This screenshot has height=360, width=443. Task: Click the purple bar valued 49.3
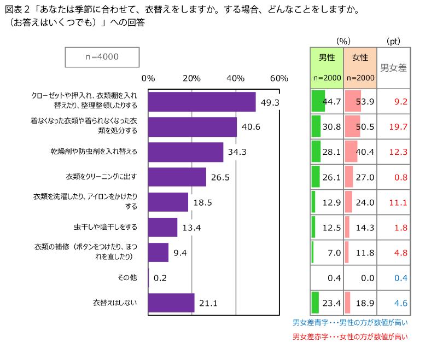coord(202,102)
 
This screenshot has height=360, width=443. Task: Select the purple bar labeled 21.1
coord(171,303)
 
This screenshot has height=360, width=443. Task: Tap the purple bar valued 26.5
coord(177,177)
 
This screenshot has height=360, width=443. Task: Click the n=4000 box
coord(102,57)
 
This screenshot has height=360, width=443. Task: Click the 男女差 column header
coord(393,68)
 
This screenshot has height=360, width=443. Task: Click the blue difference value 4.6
coord(401,303)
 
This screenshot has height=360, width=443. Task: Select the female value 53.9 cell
coord(360,102)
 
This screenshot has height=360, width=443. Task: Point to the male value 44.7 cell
coord(327,102)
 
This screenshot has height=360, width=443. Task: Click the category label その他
coord(127,277)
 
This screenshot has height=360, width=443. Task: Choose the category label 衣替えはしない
coord(114,303)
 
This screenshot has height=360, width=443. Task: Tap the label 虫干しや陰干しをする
coord(106,227)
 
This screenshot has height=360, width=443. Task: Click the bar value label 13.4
coord(191,228)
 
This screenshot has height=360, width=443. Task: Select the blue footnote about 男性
coord(350,323)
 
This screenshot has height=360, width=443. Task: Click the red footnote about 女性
coord(350,336)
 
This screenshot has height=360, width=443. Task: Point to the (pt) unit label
coord(393,41)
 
